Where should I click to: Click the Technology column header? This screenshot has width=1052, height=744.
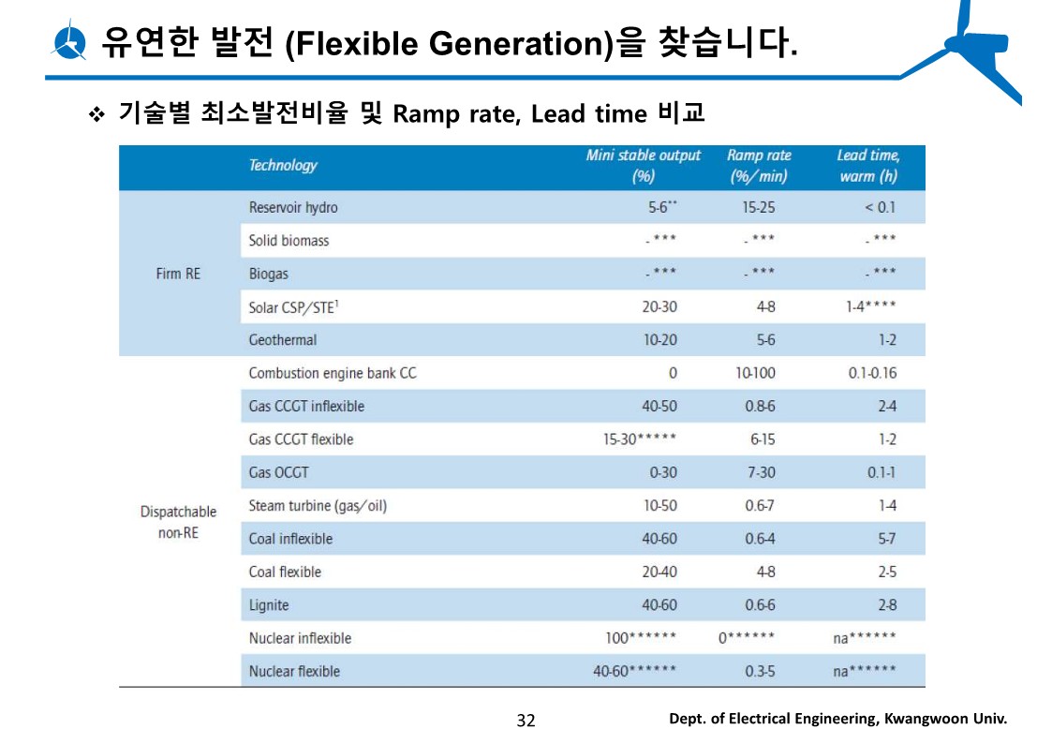pyautogui.click(x=283, y=166)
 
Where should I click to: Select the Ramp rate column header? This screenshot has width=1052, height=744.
pyautogui.click(x=758, y=166)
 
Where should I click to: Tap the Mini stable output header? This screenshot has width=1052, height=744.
pyautogui.click(x=643, y=166)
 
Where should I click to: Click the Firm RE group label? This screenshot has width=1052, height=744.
pyautogui.click(x=178, y=274)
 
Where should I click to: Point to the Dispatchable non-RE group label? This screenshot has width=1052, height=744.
pyautogui.click(x=178, y=522)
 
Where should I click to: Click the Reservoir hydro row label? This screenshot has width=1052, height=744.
pyautogui.click(x=293, y=207)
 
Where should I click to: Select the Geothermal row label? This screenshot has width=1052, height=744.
pyautogui.click(x=283, y=340)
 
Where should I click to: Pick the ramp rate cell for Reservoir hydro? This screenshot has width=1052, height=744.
pyautogui.click(x=758, y=207)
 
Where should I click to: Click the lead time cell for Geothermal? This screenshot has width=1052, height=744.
pyautogui.click(x=886, y=340)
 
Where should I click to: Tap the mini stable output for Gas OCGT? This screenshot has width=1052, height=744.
pyautogui.click(x=662, y=473)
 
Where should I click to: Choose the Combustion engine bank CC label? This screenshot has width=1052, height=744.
pyautogui.click(x=333, y=373)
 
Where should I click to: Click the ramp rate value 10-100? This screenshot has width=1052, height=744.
pyautogui.click(x=755, y=373)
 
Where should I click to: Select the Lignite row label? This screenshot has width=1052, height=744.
pyautogui.click(x=269, y=605)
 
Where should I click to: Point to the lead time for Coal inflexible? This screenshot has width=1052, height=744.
pyautogui.click(x=886, y=539)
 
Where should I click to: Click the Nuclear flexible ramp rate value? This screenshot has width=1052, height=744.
pyautogui.click(x=760, y=671)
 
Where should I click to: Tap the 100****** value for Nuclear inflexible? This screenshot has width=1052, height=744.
pyautogui.click(x=641, y=638)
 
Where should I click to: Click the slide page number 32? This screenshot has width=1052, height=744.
pyautogui.click(x=526, y=720)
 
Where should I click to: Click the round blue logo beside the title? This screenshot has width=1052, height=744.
pyautogui.click(x=70, y=42)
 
